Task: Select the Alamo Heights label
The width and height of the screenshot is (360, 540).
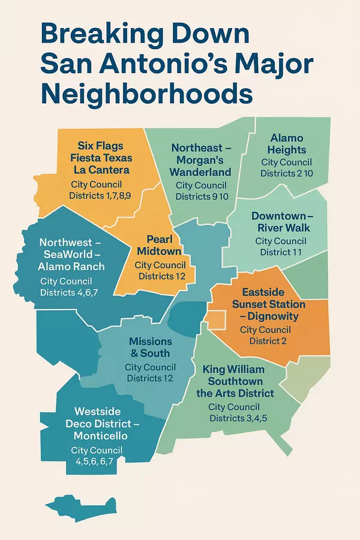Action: [287, 144]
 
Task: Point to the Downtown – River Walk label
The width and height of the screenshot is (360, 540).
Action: [280, 221]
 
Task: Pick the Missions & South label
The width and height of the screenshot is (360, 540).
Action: [150, 347]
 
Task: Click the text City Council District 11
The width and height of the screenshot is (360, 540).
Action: [280, 247]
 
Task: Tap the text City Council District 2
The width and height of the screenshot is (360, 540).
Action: [265, 335]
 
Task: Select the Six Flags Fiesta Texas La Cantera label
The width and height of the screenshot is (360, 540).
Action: [105, 158]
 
